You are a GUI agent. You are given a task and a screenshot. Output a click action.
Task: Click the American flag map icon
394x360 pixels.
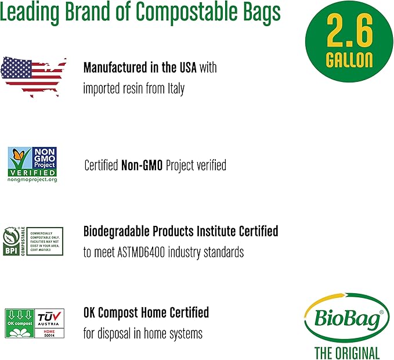34,75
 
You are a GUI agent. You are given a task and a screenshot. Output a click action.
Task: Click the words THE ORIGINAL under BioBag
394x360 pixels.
347,352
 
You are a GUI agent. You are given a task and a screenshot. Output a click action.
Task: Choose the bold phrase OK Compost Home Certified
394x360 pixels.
146,312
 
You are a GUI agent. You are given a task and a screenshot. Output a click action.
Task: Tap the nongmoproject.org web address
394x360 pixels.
32,180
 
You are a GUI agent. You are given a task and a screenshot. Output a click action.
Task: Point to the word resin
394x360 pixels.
134,89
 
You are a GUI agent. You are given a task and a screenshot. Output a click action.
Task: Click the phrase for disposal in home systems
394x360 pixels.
143,334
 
